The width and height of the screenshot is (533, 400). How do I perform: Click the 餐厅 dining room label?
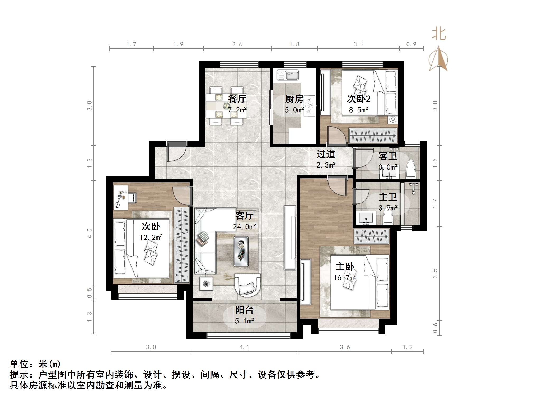pyautogui.click(x=237, y=99)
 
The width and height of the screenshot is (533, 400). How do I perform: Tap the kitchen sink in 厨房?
pyautogui.click(x=288, y=75)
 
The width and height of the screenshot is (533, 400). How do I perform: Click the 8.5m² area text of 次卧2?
pyautogui.click(x=358, y=110)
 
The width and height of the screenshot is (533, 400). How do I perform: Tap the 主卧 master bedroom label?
pyautogui.click(x=345, y=267)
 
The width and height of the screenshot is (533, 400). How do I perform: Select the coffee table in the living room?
pyautogui.click(x=241, y=251)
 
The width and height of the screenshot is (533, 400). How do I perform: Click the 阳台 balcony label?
pyautogui.click(x=244, y=310)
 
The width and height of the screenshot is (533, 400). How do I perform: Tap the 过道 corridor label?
pyautogui.click(x=326, y=154)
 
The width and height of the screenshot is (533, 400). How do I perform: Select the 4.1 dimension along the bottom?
pyautogui.click(x=244, y=347)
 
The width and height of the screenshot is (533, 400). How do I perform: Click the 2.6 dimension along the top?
pyautogui.click(x=237, y=44)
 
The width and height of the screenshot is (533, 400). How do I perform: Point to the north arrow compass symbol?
pyautogui.click(x=438, y=59)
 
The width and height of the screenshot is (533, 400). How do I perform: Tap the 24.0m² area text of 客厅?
pyautogui.click(x=244, y=227)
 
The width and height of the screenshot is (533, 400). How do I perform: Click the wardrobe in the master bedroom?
pyautogui.click(x=371, y=236)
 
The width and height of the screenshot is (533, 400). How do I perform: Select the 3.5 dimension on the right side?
pyautogui.click(x=435, y=273)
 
